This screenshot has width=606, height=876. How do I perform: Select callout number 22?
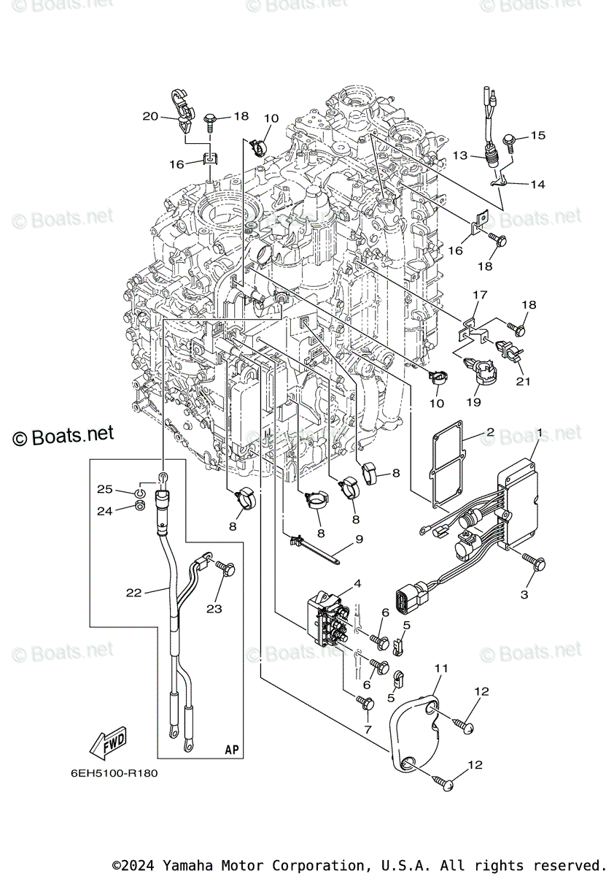[x=133, y=593]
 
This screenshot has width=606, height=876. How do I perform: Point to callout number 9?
[x=360, y=541]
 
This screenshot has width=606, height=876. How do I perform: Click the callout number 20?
[x=149, y=116]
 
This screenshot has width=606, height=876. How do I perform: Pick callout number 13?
[x=459, y=155]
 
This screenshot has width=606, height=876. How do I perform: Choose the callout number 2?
[x=491, y=433]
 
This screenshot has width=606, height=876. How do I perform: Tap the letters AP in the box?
[x=231, y=750]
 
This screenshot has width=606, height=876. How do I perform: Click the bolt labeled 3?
[x=538, y=562]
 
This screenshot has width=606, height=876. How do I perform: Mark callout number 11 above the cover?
[x=441, y=668]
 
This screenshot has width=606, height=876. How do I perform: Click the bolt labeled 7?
[x=367, y=703]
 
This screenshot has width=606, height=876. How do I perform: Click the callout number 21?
[x=523, y=380]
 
